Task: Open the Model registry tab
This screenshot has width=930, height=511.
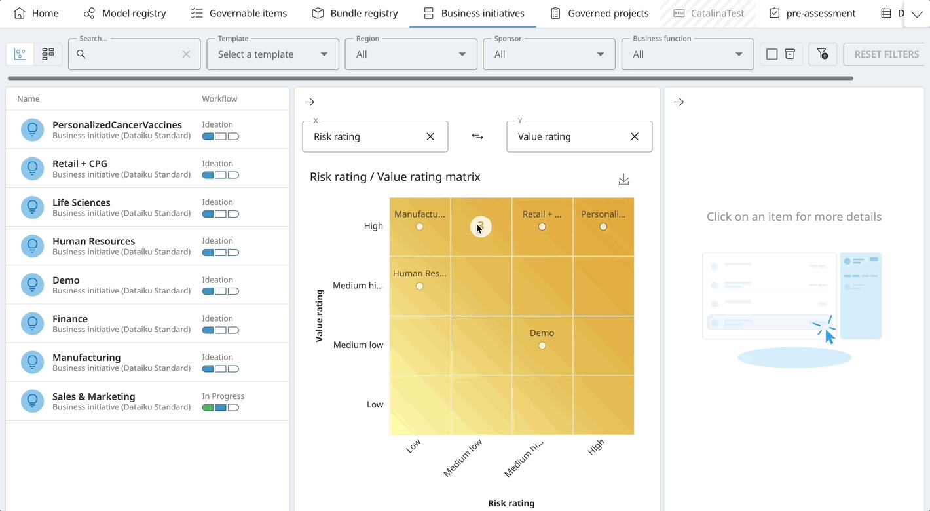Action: click(x=125, y=13)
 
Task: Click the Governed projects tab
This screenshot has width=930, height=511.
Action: click(x=599, y=13)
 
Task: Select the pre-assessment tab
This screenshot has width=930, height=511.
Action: click(x=812, y=13)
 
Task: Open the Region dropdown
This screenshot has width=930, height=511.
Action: click(x=411, y=54)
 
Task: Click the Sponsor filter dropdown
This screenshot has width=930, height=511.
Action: click(x=549, y=54)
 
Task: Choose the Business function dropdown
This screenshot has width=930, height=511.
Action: click(x=687, y=54)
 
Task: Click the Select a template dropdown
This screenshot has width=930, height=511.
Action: click(x=272, y=54)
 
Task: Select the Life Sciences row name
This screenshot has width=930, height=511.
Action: click(x=81, y=202)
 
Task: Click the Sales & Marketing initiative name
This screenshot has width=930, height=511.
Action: click(x=94, y=396)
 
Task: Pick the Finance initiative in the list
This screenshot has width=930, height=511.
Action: click(x=70, y=319)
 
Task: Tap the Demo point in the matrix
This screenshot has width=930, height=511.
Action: click(x=542, y=345)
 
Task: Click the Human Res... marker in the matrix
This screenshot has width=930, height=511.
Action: click(x=420, y=286)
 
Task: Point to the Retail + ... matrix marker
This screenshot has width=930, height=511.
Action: click(x=542, y=227)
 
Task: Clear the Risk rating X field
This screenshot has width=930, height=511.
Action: click(x=430, y=136)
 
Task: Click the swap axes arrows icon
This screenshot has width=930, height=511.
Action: click(x=477, y=136)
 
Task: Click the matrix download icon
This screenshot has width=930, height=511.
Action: click(x=623, y=180)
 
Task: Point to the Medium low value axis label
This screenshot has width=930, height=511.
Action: click(x=358, y=345)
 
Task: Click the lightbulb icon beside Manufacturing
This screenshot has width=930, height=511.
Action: click(x=32, y=362)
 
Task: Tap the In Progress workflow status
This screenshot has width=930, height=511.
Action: click(x=223, y=396)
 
